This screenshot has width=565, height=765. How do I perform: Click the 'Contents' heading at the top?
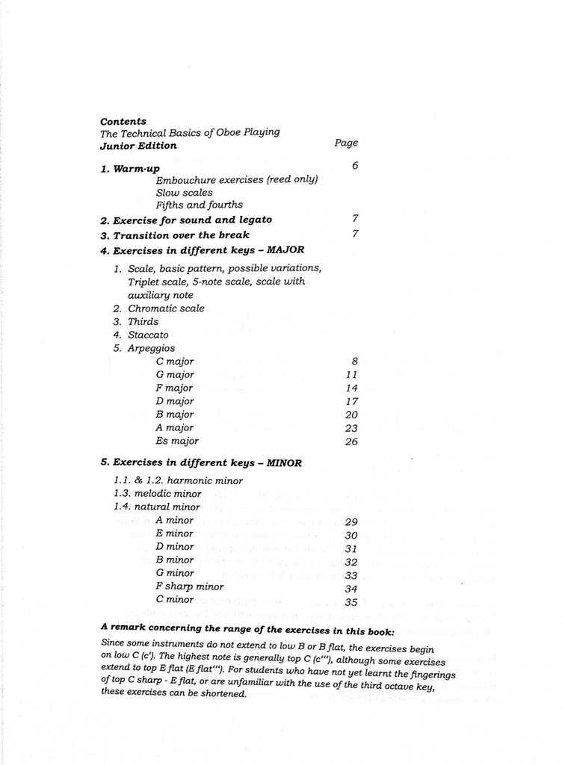(123, 121)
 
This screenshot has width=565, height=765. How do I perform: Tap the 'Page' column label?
(345, 143)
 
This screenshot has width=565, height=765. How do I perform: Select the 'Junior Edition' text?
(138, 146)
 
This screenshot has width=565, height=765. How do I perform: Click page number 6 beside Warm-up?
(354, 165)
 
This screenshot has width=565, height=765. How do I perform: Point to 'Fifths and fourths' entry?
(199, 205)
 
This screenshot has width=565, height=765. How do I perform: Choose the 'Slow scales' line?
(184, 192)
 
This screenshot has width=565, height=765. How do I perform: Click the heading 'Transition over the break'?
(175, 235)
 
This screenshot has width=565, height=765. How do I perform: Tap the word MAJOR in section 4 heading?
(283, 250)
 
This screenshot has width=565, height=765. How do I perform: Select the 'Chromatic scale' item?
(166, 308)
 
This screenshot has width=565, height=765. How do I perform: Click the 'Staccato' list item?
(148, 335)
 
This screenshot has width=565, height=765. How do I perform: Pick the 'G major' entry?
(175, 374)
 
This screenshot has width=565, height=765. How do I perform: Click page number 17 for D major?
(353, 401)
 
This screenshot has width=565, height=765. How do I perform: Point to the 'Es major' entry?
(178, 441)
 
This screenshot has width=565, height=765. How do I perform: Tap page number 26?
(352, 442)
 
